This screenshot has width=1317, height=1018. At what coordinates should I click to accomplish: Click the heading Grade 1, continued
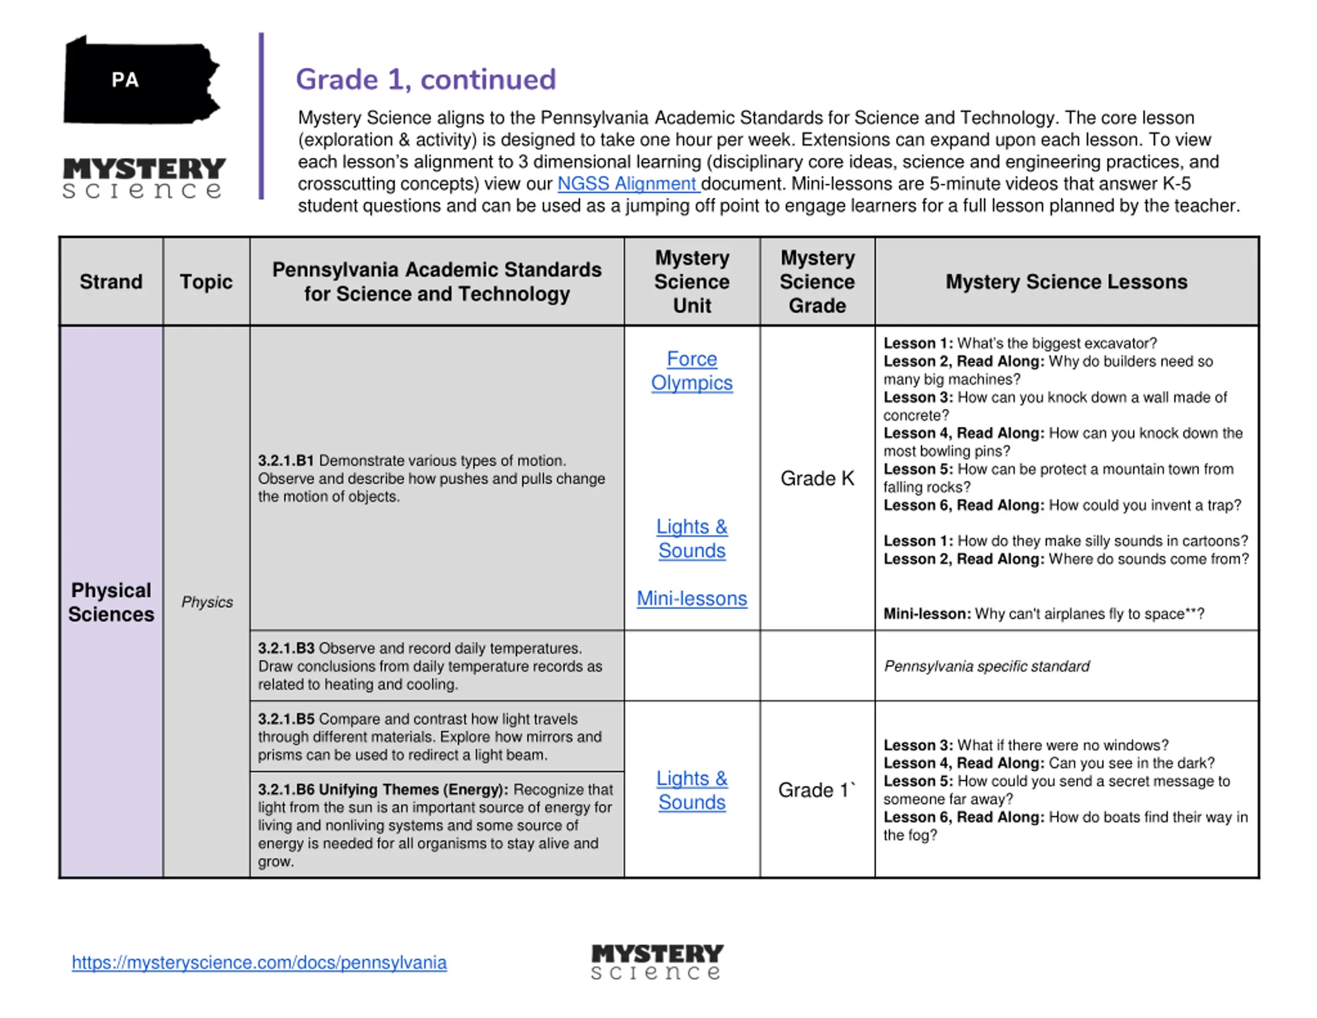[x=426, y=80]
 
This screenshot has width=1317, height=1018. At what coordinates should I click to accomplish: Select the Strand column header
[x=111, y=282]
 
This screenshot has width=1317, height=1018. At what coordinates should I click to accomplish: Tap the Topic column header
[x=206, y=282]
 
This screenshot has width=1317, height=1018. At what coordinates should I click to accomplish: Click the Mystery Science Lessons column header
[x=1066, y=282]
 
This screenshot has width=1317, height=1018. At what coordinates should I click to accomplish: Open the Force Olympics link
[x=691, y=371]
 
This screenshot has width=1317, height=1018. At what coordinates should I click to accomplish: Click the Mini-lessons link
[x=691, y=598]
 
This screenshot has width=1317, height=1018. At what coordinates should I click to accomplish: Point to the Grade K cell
[x=817, y=479]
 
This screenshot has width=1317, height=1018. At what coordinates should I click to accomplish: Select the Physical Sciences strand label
[x=111, y=602]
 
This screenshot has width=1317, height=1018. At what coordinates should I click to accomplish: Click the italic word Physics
[x=207, y=602]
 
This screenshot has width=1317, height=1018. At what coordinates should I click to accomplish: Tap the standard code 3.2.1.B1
[x=286, y=461]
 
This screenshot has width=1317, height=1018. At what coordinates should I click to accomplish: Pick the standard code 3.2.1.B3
[x=286, y=648]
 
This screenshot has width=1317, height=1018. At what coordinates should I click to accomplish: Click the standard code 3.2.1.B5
[x=286, y=718]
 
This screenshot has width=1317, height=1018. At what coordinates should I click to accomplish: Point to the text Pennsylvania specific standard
[x=987, y=666]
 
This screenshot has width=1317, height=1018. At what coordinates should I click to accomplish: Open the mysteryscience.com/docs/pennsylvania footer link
[x=259, y=962]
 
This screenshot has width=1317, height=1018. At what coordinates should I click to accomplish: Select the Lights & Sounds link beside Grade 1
[x=691, y=790]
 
